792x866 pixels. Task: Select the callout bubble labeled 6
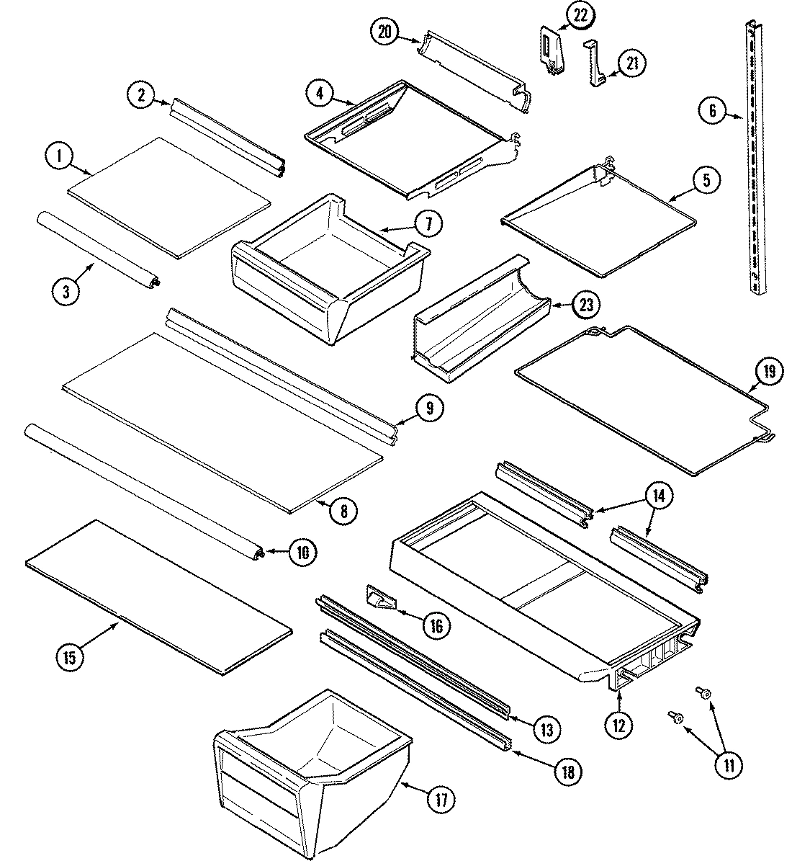point(711,110)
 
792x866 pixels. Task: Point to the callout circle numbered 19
point(769,372)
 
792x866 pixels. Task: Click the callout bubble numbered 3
point(66,292)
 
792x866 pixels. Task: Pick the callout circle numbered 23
point(586,305)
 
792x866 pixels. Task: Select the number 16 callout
point(436,625)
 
